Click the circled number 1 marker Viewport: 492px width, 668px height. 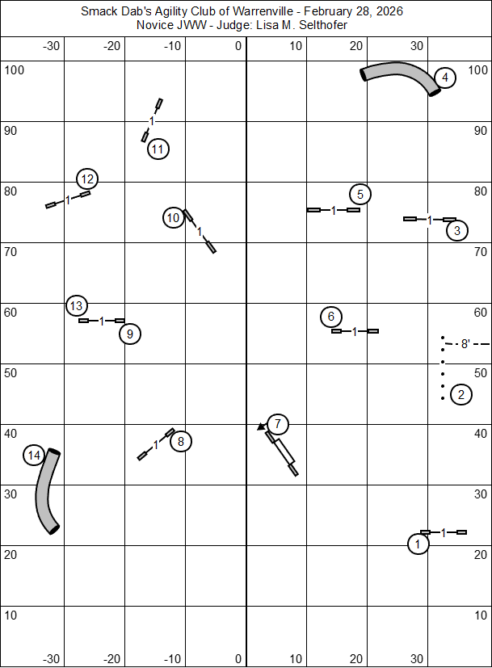[x=418, y=544]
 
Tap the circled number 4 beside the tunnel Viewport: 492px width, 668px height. [x=445, y=78]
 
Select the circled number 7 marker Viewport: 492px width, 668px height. [x=277, y=423]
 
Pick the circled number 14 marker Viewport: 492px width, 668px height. [x=33, y=456]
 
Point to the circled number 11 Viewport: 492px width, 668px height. [x=158, y=149]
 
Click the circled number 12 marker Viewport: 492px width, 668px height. [x=87, y=179]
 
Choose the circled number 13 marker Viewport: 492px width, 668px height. [x=76, y=306]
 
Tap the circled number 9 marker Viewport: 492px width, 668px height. [x=129, y=333]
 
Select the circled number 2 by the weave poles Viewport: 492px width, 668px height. [x=460, y=395]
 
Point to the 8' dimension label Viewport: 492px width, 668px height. [x=465, y=344]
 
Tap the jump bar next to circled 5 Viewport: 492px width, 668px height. [x=333, y=210]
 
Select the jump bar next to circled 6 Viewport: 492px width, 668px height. [x=355, y=331]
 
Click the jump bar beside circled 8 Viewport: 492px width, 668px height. [x=156, y=444]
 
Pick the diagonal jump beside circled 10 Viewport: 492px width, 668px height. [x=200, y=232]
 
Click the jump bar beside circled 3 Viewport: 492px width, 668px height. [x=430, y=219]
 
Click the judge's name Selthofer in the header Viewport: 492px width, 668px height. [x=322, y=25]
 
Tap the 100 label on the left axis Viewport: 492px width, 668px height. [x=15, y=69]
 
